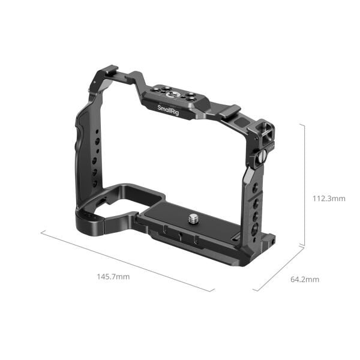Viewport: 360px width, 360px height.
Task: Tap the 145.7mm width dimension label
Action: coord(113,277)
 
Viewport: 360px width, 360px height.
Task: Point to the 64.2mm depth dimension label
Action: coord(304,279)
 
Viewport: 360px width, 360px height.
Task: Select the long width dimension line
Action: coord(127,261)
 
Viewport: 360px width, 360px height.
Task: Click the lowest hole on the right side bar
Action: coord(254,229)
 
